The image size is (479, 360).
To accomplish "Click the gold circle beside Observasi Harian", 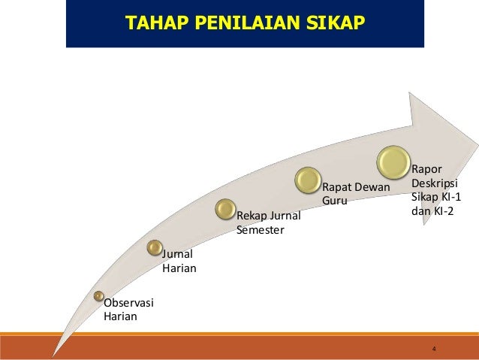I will pyautogui.click(x=99, y=296).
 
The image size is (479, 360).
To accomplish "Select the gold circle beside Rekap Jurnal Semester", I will pyautogui.click(x=226, y=209).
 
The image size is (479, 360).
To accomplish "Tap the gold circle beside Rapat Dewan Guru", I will pyautogui.click(x=308, y=179).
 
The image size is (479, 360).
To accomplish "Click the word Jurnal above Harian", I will pyautogui.click(x=177, y=255).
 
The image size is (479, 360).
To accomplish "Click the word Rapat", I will pyautogui.click(x=338, y=186).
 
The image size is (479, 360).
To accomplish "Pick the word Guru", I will pyautogui.click(x=335, y=201).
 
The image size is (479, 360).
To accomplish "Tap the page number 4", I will pyautogui.click(x=435, y=349).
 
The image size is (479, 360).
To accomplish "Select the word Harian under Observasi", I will pyautogui.click(x=120, y=316).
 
